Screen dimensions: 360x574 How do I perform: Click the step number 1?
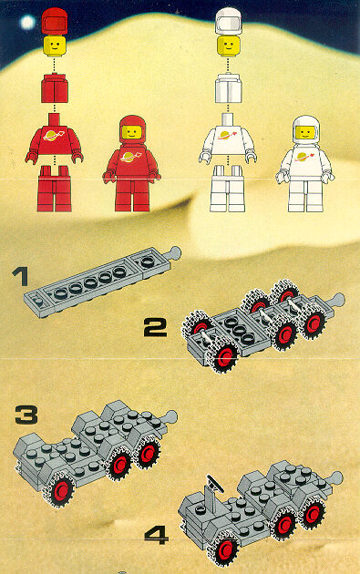[21, 277]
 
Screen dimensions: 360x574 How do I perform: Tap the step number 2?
[155, 327]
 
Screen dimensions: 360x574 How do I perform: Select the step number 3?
[26, 415]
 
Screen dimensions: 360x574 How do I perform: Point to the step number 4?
[157, 534]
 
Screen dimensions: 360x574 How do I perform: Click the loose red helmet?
[55, 22]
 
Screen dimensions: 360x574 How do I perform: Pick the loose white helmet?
[229, 21]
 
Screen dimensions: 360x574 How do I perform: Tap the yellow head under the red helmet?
[55, 46]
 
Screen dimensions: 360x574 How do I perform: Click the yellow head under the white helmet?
[229, 46]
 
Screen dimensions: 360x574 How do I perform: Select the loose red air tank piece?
[54, 87]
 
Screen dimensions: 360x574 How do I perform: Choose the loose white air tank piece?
[228, 88]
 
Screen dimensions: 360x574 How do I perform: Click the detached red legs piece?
[54, 189]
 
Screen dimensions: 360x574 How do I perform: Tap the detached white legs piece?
[228, 189]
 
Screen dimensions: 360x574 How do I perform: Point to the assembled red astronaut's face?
[132, 132]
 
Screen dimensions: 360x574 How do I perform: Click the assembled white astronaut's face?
[305, 132]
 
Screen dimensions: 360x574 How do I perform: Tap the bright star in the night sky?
[28, 23]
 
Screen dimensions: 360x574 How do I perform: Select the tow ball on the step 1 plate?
[173, 252]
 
